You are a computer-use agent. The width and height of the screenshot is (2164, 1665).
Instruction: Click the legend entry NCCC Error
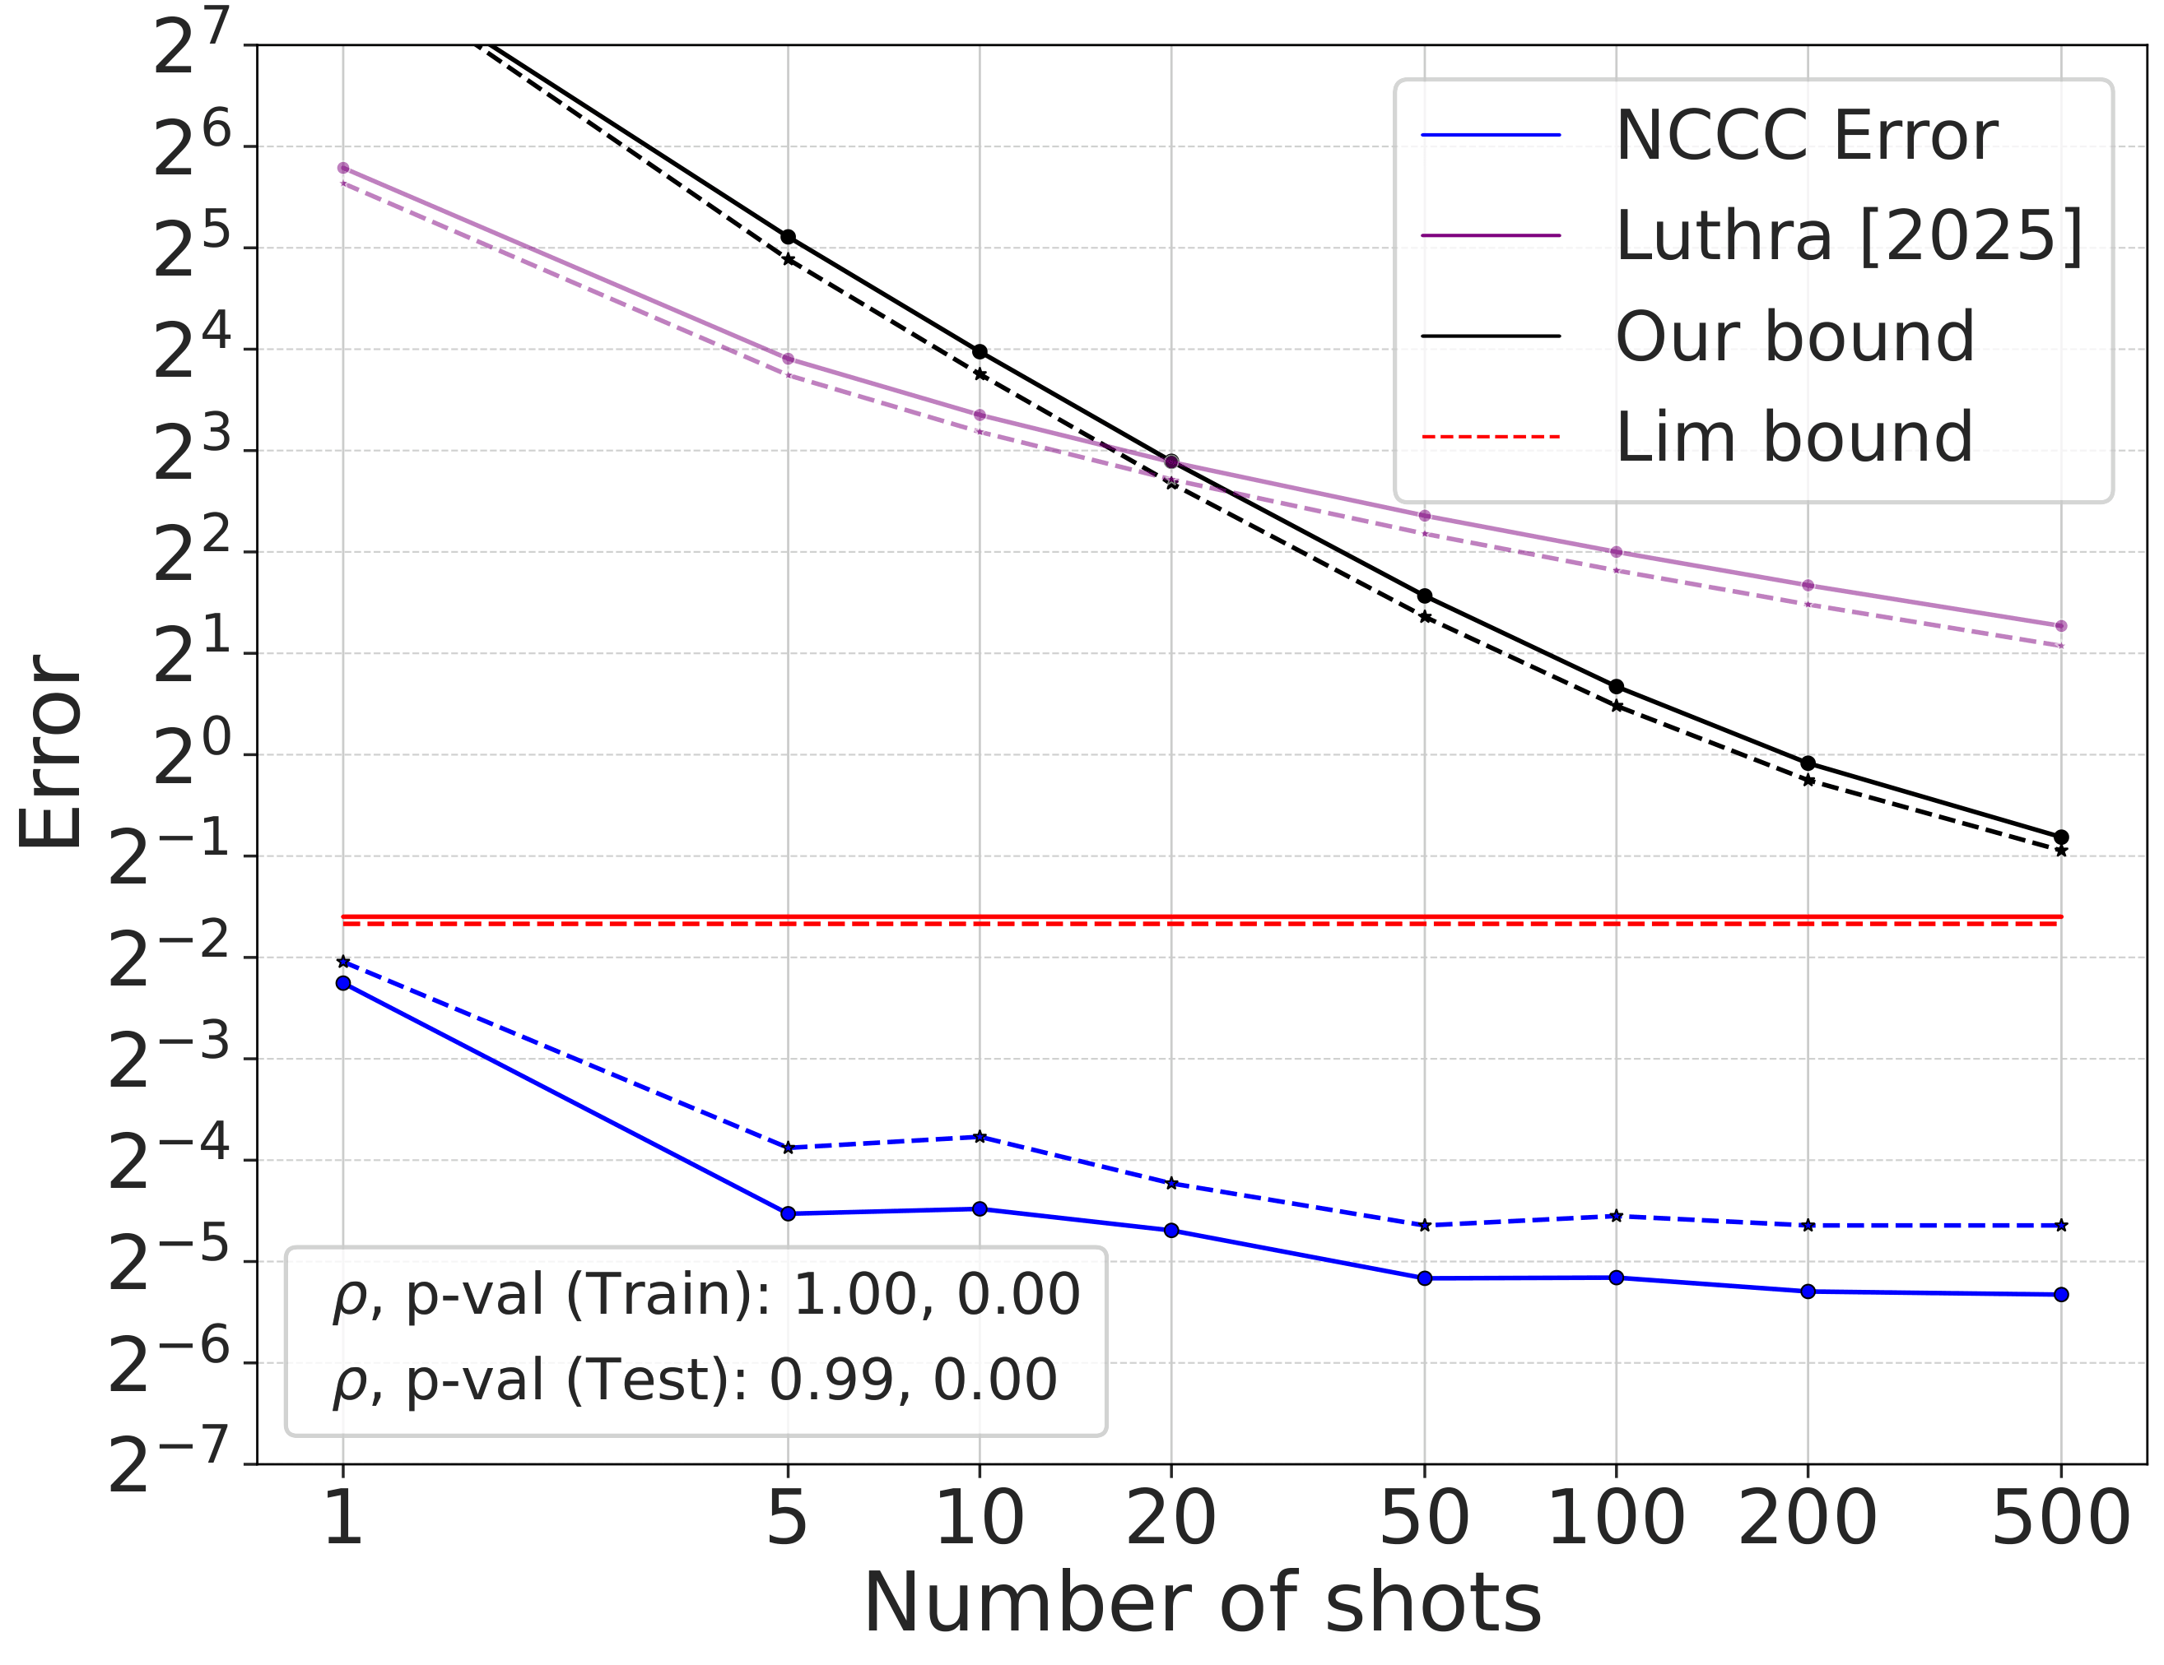[1804, 136]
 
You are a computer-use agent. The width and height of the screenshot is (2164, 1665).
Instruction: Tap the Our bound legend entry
[1794, 336]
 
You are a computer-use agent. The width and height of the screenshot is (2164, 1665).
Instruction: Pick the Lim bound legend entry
[1794, 437]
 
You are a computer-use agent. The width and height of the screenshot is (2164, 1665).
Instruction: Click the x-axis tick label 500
[2060, 1519]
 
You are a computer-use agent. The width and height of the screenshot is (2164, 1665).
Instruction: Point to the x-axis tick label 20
[1170, 1519]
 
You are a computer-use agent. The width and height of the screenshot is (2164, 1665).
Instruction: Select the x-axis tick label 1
[342, 1519]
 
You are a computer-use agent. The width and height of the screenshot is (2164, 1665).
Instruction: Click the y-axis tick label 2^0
[191, 757]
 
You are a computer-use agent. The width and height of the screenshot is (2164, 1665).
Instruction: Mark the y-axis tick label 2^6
[191, 147]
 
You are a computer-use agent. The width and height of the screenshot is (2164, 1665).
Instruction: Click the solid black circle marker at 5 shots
[788, 237]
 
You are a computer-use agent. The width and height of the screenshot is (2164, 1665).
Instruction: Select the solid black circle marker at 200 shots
[1808, 763]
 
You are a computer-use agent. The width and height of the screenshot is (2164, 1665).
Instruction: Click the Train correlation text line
[705, 1295]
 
